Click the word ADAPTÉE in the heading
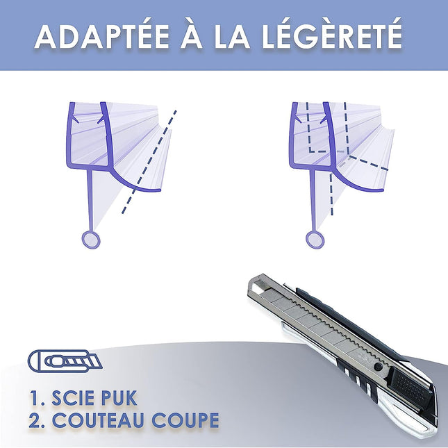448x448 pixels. click(92, 36)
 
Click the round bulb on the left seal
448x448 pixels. click(91, 240)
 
